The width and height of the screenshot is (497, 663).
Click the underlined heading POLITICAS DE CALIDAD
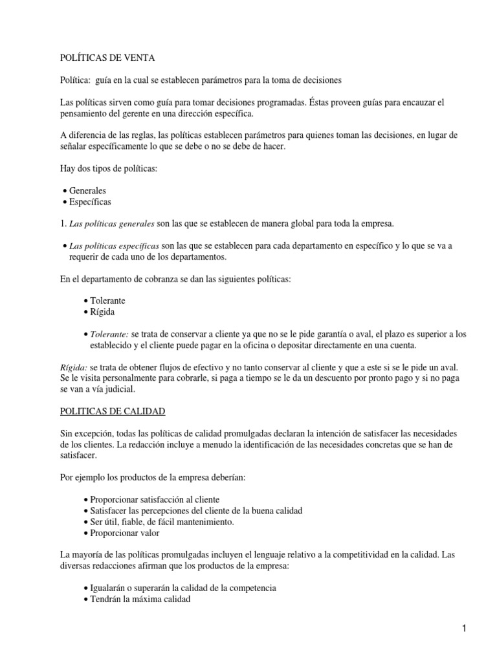113,411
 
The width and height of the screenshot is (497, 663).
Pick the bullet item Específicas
90,201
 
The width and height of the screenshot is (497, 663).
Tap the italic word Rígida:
75,366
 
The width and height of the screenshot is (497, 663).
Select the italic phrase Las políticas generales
111,223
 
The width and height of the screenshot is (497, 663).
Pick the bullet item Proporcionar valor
124,533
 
